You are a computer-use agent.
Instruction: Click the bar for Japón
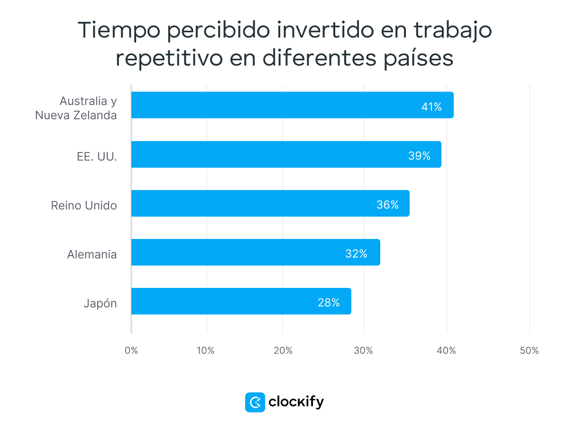point(241,301)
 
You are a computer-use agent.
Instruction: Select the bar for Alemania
point(256,252)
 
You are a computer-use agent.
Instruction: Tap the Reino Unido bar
point(270,203)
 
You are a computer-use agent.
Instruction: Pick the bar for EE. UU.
point(286,154)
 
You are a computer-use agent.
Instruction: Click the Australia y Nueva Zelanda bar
point(292,105)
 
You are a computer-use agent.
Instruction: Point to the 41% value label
point(431,107)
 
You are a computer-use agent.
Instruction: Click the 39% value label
point(419,156)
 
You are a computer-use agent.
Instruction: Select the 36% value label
point(387,205)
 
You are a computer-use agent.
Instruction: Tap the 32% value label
point(356,254)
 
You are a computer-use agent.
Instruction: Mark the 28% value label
point(329,303)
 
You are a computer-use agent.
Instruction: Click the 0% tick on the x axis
point(131,351)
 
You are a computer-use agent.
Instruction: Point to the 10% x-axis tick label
point(206,351)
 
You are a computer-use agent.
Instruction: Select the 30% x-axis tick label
point(364,351)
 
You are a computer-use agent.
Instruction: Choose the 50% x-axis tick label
point(529,351)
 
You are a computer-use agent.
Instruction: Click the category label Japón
point(100,304)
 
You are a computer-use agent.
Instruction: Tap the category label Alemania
point(92,254)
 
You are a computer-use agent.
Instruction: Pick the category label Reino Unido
point(84,205)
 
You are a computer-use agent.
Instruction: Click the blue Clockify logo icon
point(255,402)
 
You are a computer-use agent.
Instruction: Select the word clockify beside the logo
point(296,402)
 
